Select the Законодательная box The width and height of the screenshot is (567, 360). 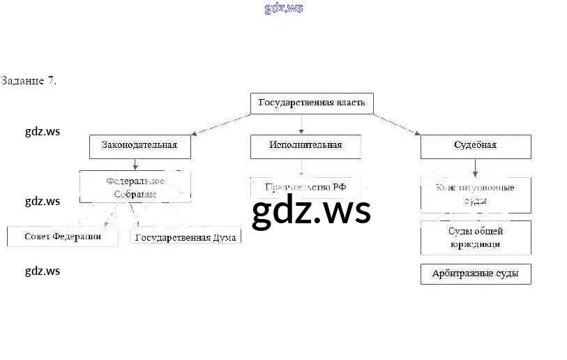click(x=139, y=146)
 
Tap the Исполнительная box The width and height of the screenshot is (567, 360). click(x=305, y=146)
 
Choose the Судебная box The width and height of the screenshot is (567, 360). click(x=475, y=146)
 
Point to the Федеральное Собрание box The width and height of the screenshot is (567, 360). click(x=135, y=188)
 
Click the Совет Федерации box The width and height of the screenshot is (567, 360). click(x=63, y=237)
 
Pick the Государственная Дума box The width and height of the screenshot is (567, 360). click(x=186, y=237)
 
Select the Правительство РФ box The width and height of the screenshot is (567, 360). click(x=305, y=187)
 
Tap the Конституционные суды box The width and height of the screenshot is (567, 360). click(x=475, y=195)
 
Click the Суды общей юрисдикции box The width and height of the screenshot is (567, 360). click(x=475, y=238)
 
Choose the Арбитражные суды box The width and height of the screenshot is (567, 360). click(x=475, y=274)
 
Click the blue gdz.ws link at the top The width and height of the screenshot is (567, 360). click(x=284, y=8)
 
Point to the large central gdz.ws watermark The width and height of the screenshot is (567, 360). click(x=311, y=211)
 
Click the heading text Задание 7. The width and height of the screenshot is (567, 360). click(x=29, y=81)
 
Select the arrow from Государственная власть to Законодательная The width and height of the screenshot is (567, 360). click(x=221, y=123)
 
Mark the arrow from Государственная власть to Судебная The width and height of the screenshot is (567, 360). click(x=395, y=123)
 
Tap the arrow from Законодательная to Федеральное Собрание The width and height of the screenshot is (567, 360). click(x=135, y=165)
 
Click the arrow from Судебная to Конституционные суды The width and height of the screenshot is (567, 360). click(x=475, y=167)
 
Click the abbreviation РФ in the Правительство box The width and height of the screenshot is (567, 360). click(x=339, y=187)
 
